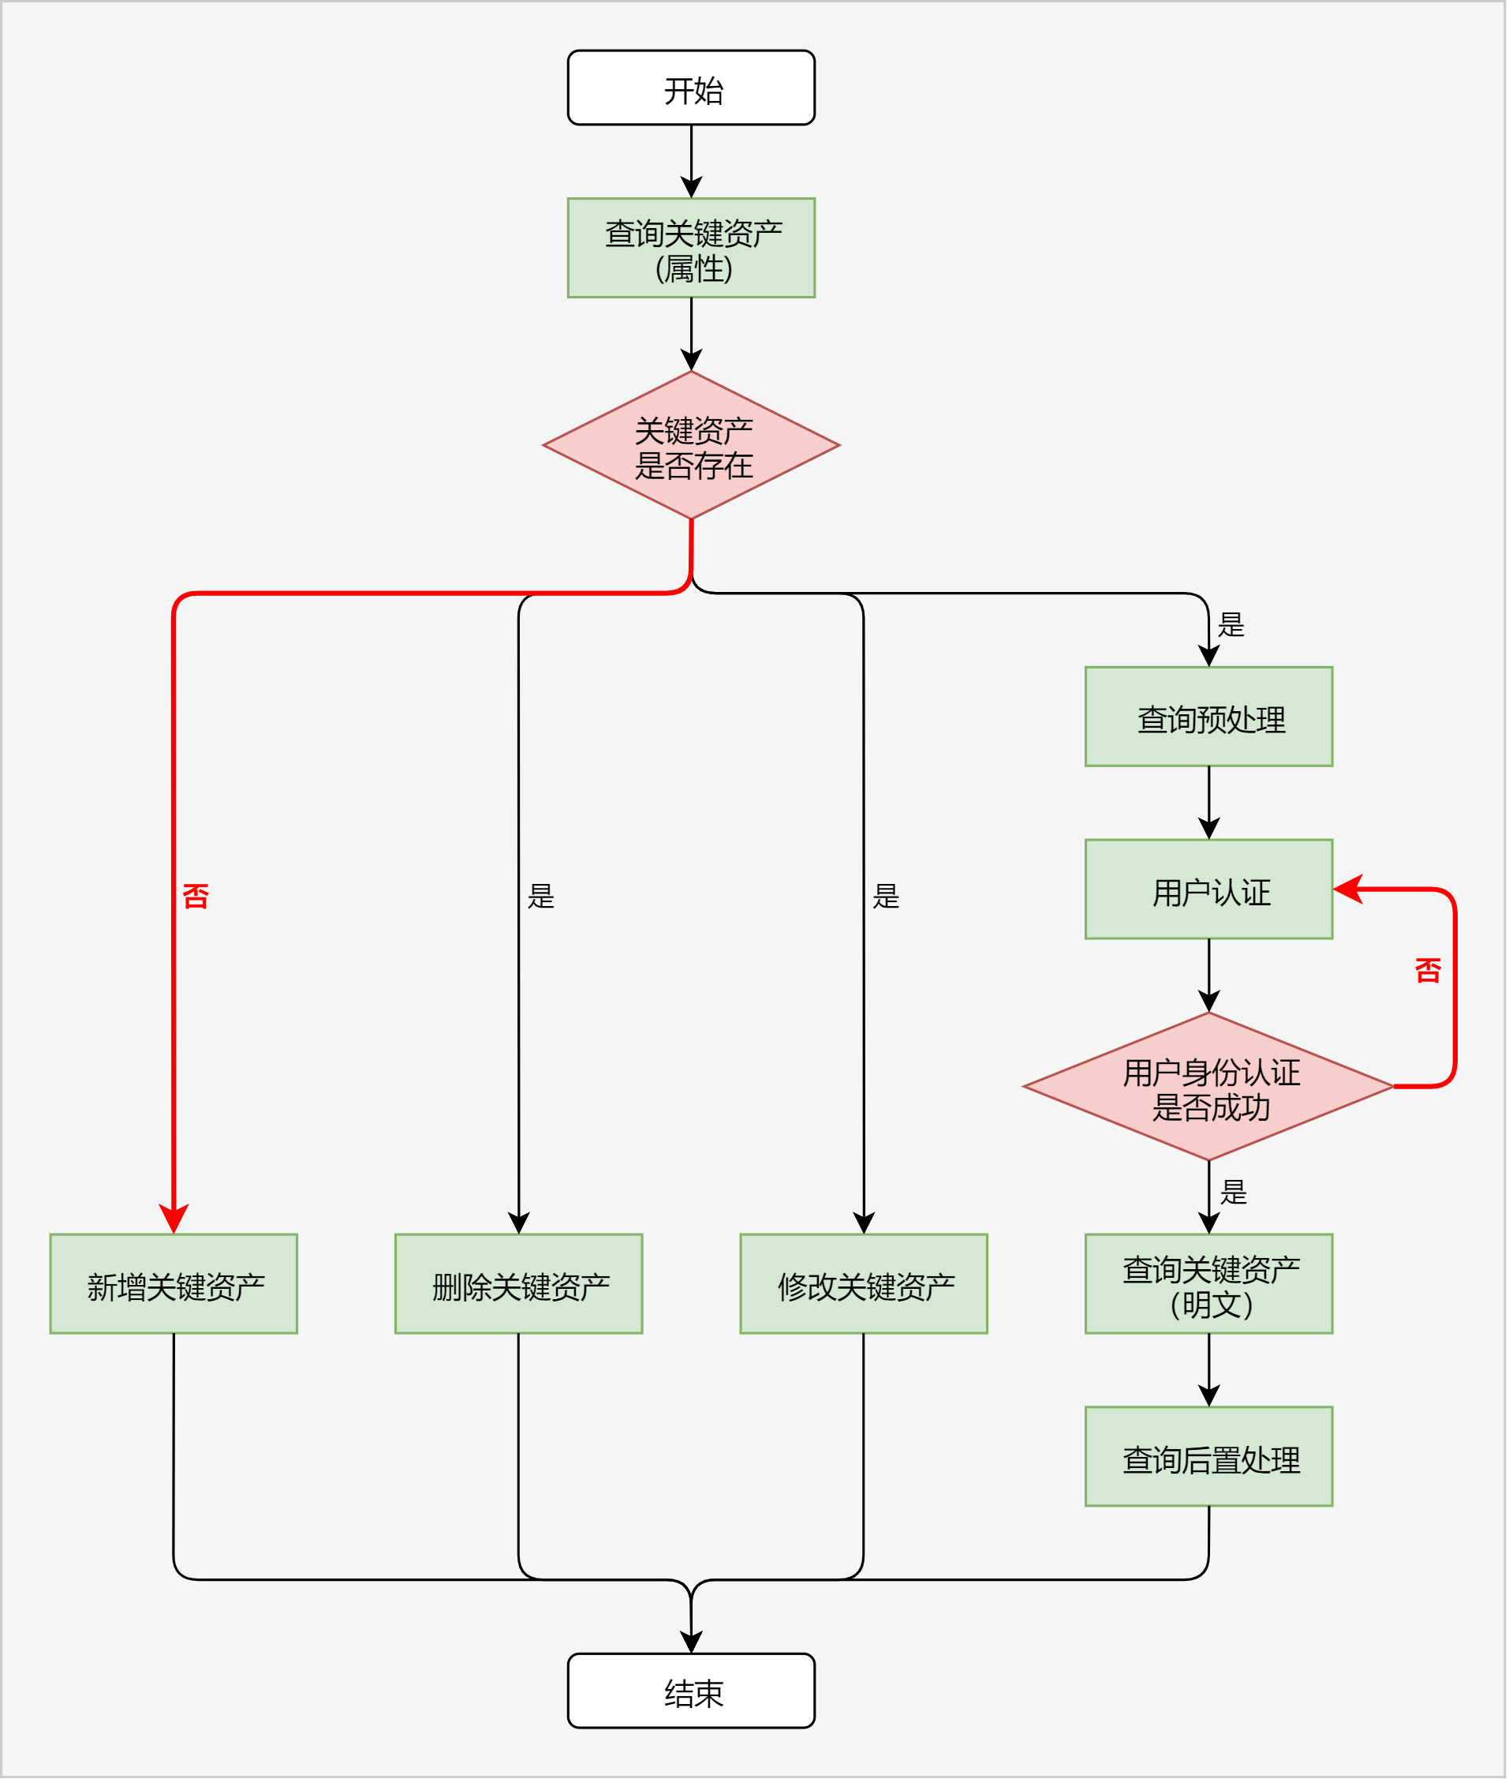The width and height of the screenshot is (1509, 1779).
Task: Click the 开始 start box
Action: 692,88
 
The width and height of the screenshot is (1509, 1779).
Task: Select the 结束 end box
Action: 692,1691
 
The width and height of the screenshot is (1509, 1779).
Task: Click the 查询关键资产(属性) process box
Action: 692,248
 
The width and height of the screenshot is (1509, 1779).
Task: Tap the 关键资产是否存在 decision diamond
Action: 692,445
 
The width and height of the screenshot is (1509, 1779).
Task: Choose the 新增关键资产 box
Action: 174,1284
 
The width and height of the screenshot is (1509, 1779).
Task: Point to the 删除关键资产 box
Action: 519,1284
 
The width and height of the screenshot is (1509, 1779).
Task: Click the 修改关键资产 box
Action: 864,1284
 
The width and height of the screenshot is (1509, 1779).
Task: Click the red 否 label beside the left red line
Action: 196,897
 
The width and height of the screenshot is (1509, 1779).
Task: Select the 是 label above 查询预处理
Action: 1232,626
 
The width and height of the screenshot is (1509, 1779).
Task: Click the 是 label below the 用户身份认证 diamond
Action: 1234,1193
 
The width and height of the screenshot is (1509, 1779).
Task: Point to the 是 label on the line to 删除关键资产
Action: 541,897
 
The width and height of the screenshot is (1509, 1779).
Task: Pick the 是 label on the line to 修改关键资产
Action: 887,897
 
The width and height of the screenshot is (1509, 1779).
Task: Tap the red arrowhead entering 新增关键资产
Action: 174,1219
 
